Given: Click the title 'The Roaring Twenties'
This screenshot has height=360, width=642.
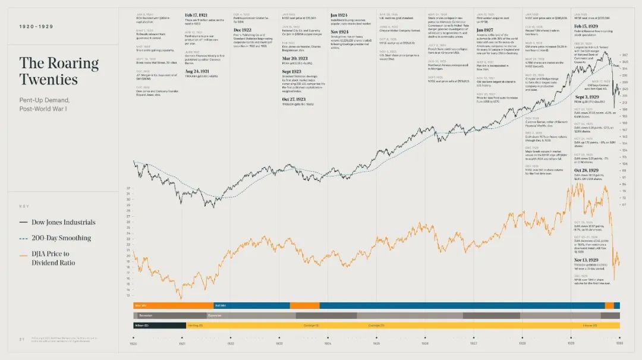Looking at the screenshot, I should point(58,71).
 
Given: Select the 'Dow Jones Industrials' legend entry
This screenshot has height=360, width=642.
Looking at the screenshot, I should point(57,222).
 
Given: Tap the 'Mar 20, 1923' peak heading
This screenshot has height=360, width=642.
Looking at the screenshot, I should point(295,59).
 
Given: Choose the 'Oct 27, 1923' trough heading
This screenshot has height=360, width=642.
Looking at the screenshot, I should point(295,99).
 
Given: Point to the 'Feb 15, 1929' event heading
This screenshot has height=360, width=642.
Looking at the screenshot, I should point(587,26).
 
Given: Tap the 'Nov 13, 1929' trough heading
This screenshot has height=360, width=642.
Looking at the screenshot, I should point(587,260).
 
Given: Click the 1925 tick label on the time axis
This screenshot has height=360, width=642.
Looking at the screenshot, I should point(376,343).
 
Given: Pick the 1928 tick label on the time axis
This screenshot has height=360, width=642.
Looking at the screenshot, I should point(522,343).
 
